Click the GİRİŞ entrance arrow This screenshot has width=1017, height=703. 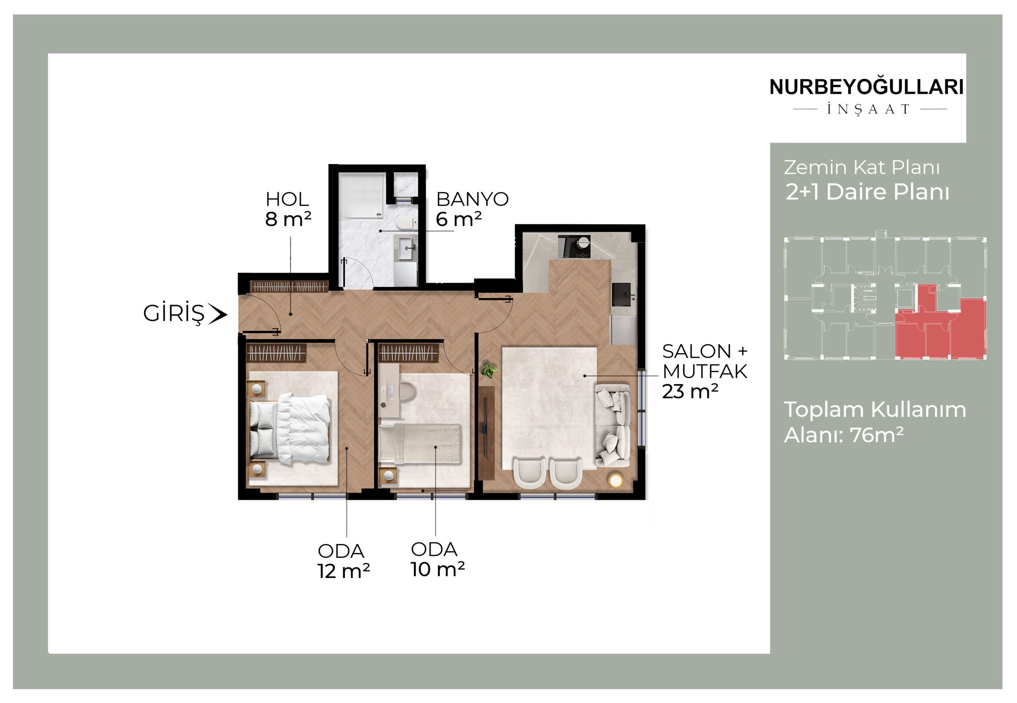[218, 314]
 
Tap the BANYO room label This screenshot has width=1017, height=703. [472, 200]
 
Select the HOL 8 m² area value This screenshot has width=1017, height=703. [288, 219]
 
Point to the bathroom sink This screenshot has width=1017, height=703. [407, 249]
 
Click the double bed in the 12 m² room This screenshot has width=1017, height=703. [290, 429]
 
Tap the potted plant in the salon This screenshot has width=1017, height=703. [489, 370]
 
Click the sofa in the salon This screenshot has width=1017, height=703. [613, 425]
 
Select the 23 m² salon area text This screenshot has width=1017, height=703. [690, 392]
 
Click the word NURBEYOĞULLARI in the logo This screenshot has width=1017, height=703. [866, 87]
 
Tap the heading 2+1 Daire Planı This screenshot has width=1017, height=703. [867, 192]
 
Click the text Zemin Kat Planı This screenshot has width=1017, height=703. [862, 167]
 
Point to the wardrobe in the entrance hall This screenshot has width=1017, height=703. [290, 286]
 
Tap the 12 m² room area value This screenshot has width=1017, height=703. [344, 571]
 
